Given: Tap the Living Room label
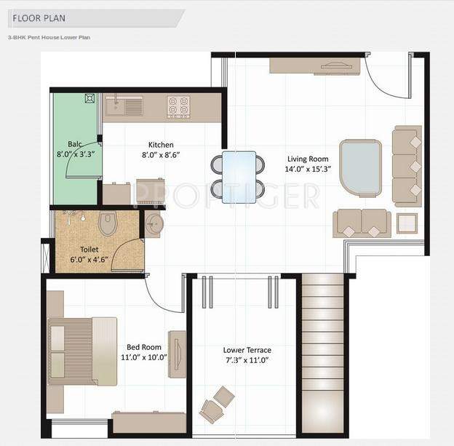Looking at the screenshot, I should tap(308, 159).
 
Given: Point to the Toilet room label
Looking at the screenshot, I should tap(89, 249).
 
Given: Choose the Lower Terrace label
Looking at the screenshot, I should tap(247, 350).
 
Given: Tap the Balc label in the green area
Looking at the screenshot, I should tap(75, 144).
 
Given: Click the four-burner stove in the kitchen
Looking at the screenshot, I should tap(179, 107).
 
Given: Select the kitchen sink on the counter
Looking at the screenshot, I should tap(124, 107).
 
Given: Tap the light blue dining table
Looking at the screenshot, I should tap(239, 172).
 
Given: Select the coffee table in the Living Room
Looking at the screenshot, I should tap(360, 165).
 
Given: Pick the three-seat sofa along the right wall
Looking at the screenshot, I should tap(407, 166).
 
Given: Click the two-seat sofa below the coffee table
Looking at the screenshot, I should tap(362, 223).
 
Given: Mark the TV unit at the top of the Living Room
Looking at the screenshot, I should tap(316, 66).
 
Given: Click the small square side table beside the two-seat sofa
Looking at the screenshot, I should tap(407, 223).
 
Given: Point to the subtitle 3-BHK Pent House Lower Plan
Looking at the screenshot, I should tap(49, 36).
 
